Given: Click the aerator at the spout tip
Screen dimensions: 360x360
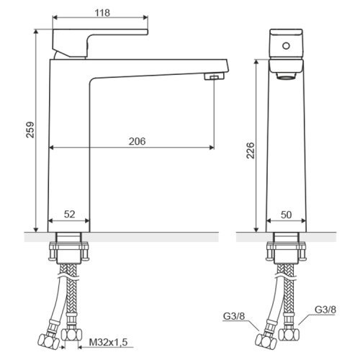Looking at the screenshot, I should coord(214,76).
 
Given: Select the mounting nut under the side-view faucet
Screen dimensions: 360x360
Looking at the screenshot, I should coord(68,252).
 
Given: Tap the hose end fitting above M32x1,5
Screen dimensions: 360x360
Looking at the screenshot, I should coord(71,334).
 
